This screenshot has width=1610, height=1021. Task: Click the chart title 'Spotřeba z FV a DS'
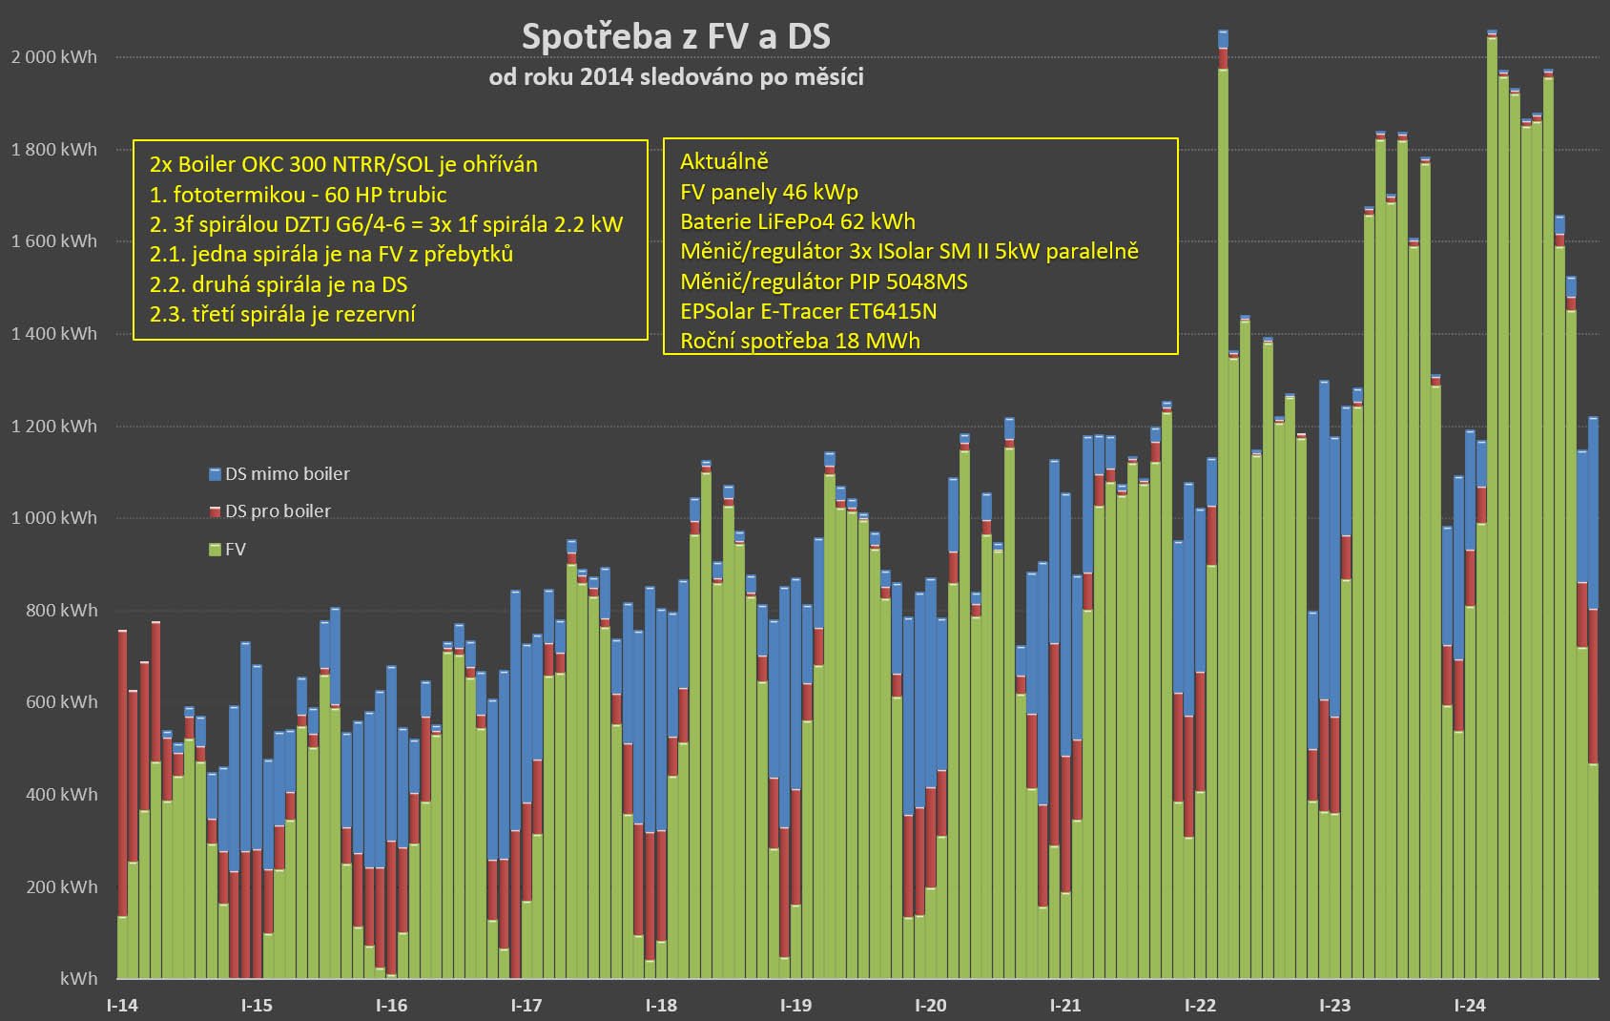(x=675, y=36)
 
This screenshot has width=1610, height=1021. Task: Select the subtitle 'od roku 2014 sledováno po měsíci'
(x=675, y=76)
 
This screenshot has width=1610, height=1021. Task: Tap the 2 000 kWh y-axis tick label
(x=54, y=57)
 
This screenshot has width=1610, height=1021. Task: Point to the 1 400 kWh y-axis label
(x=54, y=334)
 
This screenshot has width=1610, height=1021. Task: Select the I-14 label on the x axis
(x=122, y=1005)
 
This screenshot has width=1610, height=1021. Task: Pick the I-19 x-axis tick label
(x=795, y=1005)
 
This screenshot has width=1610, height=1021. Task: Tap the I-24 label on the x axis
(x=1469, y=1005)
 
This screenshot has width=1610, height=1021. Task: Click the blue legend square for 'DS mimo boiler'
(x=215, y=474)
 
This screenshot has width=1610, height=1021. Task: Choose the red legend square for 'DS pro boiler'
(x=215, y=512)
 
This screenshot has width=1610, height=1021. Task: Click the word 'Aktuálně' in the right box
(x=724, y=161)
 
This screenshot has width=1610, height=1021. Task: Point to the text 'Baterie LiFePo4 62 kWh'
(x=797, y=222)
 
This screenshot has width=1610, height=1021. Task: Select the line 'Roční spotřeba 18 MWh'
(x=799, y=341)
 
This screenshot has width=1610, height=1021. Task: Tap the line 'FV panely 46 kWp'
(x=769, y=192)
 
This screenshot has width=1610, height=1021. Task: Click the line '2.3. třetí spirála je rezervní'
(x=282, y=314)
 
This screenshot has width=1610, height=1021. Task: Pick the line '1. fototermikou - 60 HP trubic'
(x=298, y=195)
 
